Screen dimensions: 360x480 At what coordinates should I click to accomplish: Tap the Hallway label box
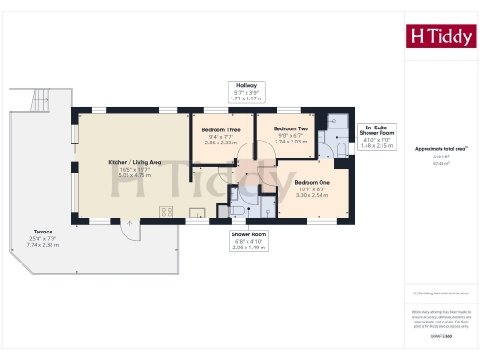(250, 90)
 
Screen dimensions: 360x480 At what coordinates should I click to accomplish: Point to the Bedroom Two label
(290, 133)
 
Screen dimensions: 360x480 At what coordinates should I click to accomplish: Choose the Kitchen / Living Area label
(134, 162)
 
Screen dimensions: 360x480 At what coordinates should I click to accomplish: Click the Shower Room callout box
(252, 239)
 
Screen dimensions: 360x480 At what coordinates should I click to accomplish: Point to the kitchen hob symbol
(167, 212)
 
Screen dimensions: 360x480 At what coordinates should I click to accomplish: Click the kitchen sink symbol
(199, 212)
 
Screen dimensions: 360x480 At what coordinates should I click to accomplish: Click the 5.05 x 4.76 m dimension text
(134, 175)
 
